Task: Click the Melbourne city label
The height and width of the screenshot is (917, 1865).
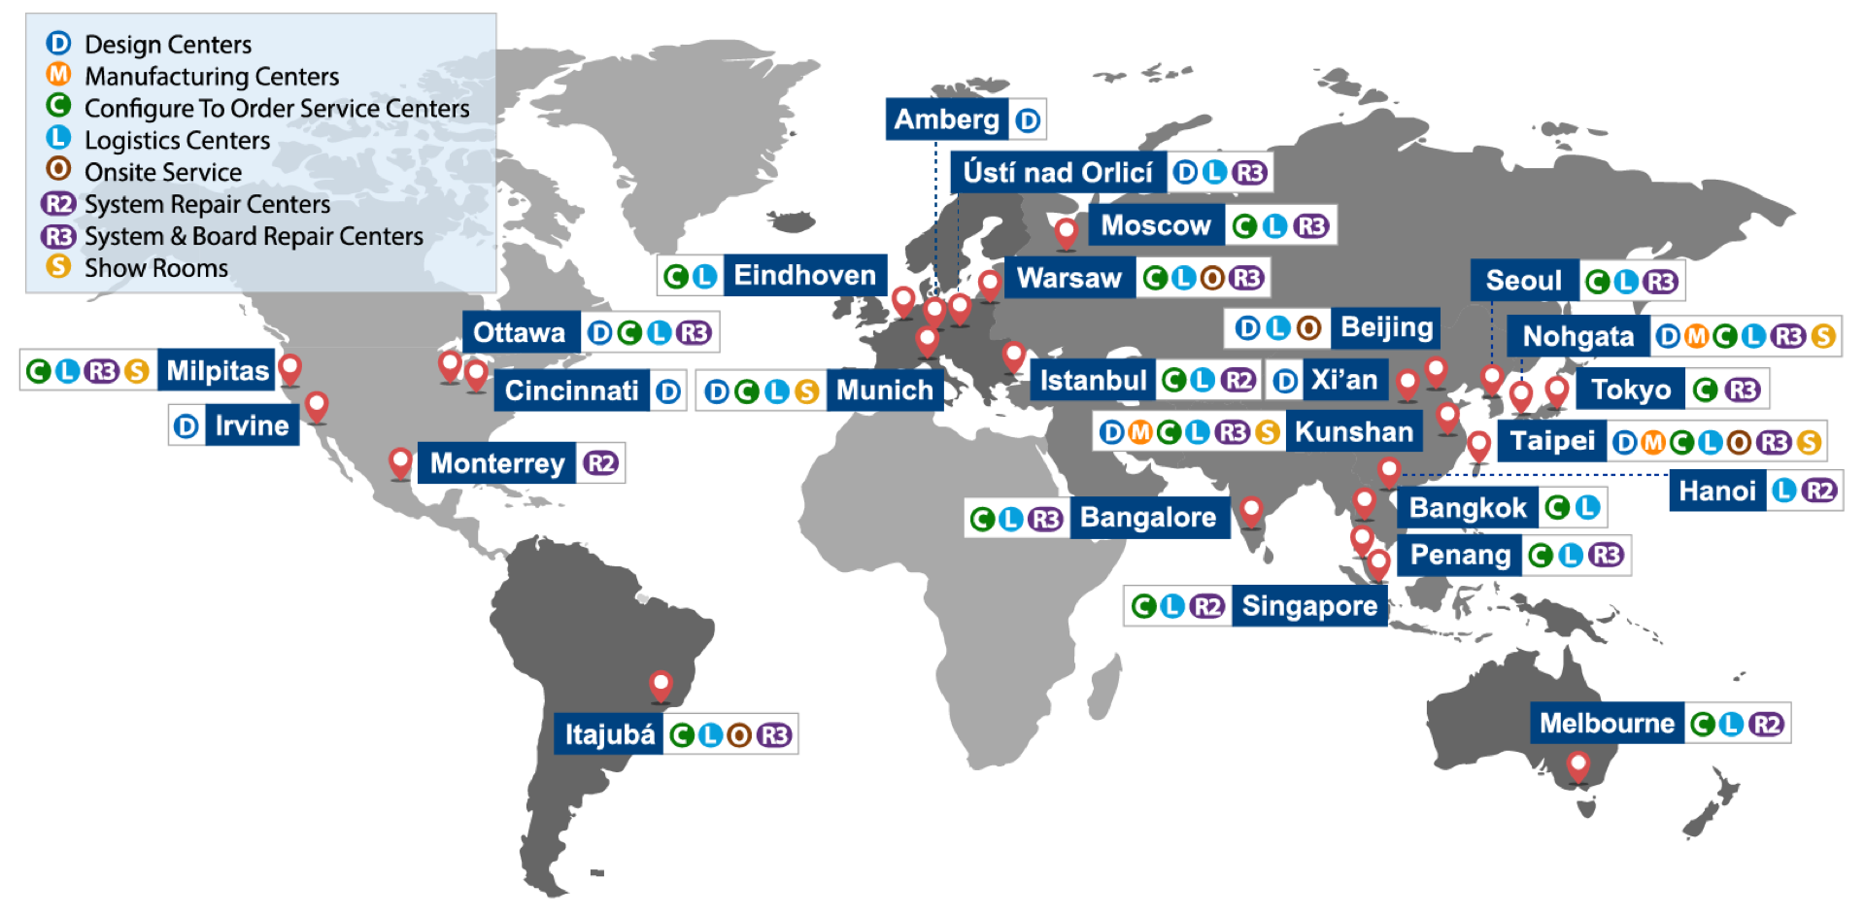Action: [x=1607, y=724]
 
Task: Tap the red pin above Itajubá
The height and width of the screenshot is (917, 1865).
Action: [x=661, y=685]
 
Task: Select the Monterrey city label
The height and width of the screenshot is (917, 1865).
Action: [x=497, y=463]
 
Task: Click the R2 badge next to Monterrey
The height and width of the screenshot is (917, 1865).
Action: [x=601, y=463]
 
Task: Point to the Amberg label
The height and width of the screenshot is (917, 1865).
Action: [x=946, y=119]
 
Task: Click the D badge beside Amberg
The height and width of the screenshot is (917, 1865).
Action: [x=1027, y=120]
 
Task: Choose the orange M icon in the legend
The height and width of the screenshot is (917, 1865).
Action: [x=58, y=74]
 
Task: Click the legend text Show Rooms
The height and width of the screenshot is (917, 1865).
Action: [x=155, y=268]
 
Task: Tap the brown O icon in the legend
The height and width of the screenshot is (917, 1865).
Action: [x=58, y=169]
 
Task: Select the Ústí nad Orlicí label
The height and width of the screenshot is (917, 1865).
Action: [x=1057, y=173]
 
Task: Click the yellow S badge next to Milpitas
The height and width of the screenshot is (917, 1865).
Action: [x=137, y=371]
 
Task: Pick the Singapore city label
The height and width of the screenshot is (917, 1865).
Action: [x=1308, y=606]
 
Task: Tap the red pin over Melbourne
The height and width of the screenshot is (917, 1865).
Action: [x=1578, y=764]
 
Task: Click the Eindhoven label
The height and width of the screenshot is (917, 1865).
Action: [x=804, y=276]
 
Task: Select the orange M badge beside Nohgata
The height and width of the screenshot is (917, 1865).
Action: [x=1696, y=337]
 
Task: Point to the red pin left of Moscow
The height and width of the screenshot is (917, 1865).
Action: [x=1066, y=231]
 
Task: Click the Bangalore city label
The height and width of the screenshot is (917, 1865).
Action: [x=1147, y=518]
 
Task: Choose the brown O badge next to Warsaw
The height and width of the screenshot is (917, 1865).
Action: [x=1212, y=279]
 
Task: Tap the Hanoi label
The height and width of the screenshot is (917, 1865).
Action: [x=1716, y=492]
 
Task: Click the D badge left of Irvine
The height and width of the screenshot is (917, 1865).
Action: [x=186, y=426]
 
